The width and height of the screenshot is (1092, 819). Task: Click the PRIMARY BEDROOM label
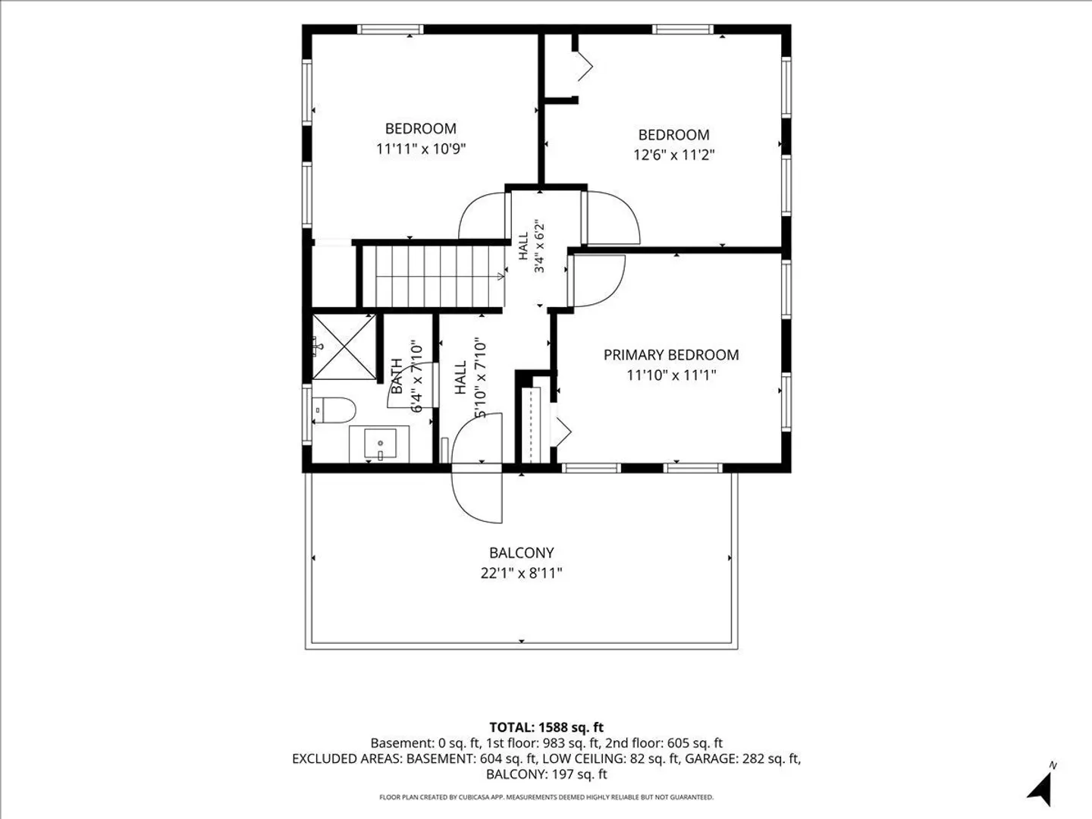pyautogui.click(x=671, y=355)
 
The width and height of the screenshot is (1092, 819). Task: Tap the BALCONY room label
pyautogui.click(x=522, y=553)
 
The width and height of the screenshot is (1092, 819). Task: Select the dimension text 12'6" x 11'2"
pyautogui.click(x=673, y=155)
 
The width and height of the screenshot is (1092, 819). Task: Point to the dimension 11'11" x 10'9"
pyautogui.click(x=421, y=149)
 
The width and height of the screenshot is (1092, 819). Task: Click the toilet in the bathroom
pyautogui.click(x=334, y=410)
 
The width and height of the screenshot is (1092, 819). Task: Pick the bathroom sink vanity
pyautogui.click(x=379, y=444)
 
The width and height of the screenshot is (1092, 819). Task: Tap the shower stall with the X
pyautogui.click(x=344, y=347)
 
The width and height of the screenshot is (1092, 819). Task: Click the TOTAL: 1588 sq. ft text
pyautogui.click(x=546, y=727)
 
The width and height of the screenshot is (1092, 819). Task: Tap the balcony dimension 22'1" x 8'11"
pyautogui.click(x=522, y=573)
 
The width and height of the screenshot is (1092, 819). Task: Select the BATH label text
pyautogui.click(x=397, y=376)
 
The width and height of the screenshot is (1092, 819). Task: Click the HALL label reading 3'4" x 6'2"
pyautogui.click(x=532, y=246)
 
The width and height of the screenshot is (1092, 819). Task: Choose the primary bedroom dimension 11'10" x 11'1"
pyautogui.click(x=671, y=375)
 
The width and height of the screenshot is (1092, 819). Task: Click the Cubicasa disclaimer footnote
pyautogui.click(x=546, y=797)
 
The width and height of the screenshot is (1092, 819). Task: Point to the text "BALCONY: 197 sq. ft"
pyautogui.click(x=546, y=774)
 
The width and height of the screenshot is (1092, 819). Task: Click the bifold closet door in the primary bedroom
pyautogui.click(x=562, y=431)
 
